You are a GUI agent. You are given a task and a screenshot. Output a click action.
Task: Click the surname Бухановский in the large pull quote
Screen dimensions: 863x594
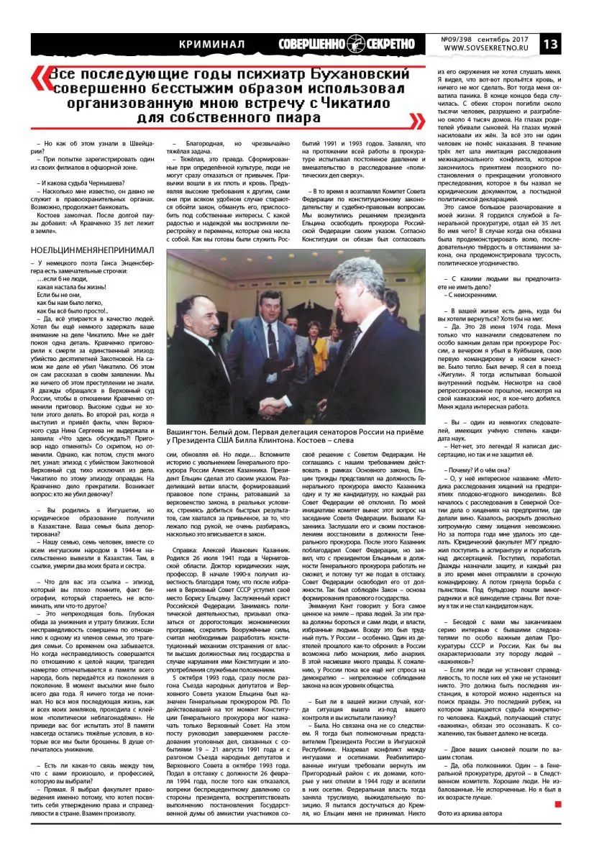click(x=325, y=76)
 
